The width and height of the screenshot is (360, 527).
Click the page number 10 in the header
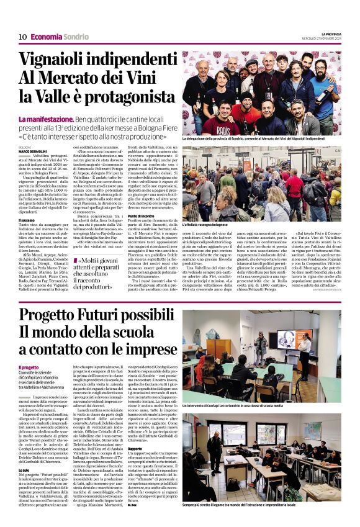point(22,37)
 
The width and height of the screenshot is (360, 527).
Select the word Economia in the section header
point(46,37)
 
